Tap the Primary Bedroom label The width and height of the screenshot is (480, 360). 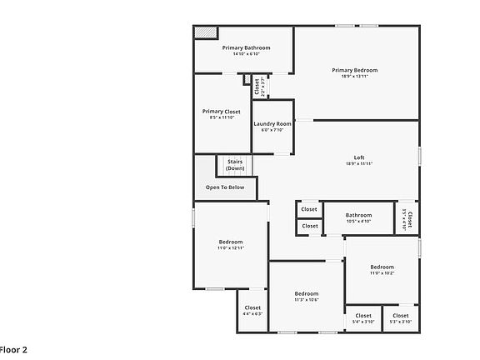click(x=354, y=70)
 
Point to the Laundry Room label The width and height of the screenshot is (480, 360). click(x=272, y=124)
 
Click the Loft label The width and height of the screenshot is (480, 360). click(x=359, y=157)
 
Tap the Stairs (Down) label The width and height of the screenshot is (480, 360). click(x=235, y=165)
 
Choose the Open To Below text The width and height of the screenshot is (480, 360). click(x=225, y=187)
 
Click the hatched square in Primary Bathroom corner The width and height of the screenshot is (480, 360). click(x=205, y=32)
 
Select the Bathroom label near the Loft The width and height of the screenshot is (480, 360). click(x=358, y=214)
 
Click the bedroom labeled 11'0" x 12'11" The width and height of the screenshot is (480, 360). click(x=230, y=244)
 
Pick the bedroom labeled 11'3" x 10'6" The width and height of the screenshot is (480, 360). click(x=306, y=296)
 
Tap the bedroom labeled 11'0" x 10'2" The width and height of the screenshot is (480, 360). click(x=382, y=268)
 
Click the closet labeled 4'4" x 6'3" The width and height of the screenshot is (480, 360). click(x=252, y=310)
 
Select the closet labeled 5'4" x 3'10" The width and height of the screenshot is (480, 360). click(x=363, y=317)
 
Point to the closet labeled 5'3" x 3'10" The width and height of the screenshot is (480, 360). click(x=401, y=317)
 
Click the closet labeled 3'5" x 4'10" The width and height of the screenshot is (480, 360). click(x=407, y=218)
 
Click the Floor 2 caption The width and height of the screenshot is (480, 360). click(x=12, y=349)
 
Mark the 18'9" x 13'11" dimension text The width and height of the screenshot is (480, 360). click(x=354, y=76)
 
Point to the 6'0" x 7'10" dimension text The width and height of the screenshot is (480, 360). click(x=272, y=130)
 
